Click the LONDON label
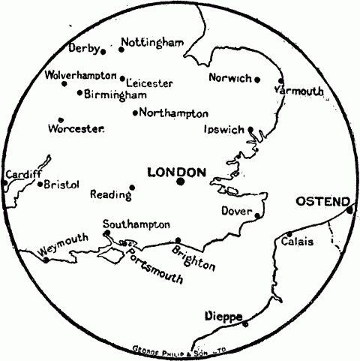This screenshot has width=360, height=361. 176,172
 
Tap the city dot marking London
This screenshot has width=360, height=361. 181,181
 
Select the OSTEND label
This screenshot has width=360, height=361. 322,202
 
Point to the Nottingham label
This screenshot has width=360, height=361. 152,42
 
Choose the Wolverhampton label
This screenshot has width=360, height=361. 80,76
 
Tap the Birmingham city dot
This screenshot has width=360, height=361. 80,93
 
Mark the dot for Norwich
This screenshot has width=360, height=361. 256,79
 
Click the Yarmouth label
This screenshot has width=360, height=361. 299,91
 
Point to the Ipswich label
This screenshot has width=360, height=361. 224,129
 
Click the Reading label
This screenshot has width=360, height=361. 110,194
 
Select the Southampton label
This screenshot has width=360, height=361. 136,224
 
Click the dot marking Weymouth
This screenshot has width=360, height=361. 46,260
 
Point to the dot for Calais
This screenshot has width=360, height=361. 289,233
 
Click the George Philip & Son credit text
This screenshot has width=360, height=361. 178,349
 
